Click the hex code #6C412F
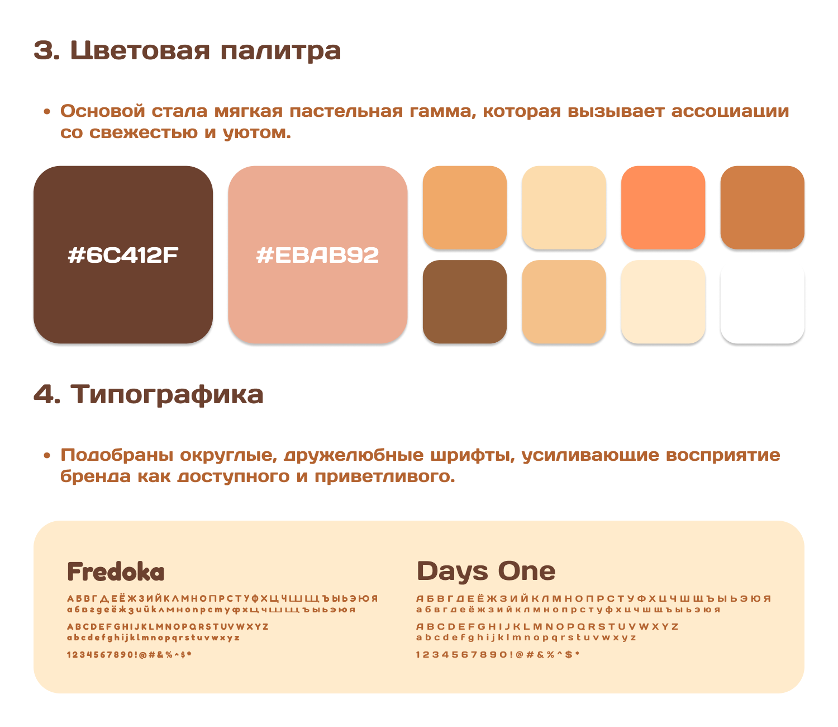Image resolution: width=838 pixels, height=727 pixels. (x=123, y=256)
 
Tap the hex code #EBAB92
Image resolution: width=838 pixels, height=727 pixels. (x=317, y=256)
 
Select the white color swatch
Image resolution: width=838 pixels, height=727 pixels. (x=762, y=302)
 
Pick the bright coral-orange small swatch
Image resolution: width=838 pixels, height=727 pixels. (x=663, y=207)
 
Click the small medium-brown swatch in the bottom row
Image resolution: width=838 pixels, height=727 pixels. (x=465, y=302)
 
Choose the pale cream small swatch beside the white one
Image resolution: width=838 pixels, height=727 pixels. (x=663, y=302)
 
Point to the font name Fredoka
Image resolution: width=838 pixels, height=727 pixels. (x=116, y=572)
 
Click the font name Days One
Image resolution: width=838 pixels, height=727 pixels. (x=486, y=571)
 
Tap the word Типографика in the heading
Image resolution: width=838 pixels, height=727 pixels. (x=167, y=394)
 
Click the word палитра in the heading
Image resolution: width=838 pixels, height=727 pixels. (x=280, y=51)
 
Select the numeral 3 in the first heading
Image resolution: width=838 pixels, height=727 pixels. (x=44, y=51)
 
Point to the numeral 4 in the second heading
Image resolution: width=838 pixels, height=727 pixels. (x=44, y=394)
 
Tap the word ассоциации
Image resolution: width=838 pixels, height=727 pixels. (x=730, y=111)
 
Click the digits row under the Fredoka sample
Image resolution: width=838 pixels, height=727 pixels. (x=130, y=654)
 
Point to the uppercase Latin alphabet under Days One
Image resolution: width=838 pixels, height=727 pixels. (x=547, y=626)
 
